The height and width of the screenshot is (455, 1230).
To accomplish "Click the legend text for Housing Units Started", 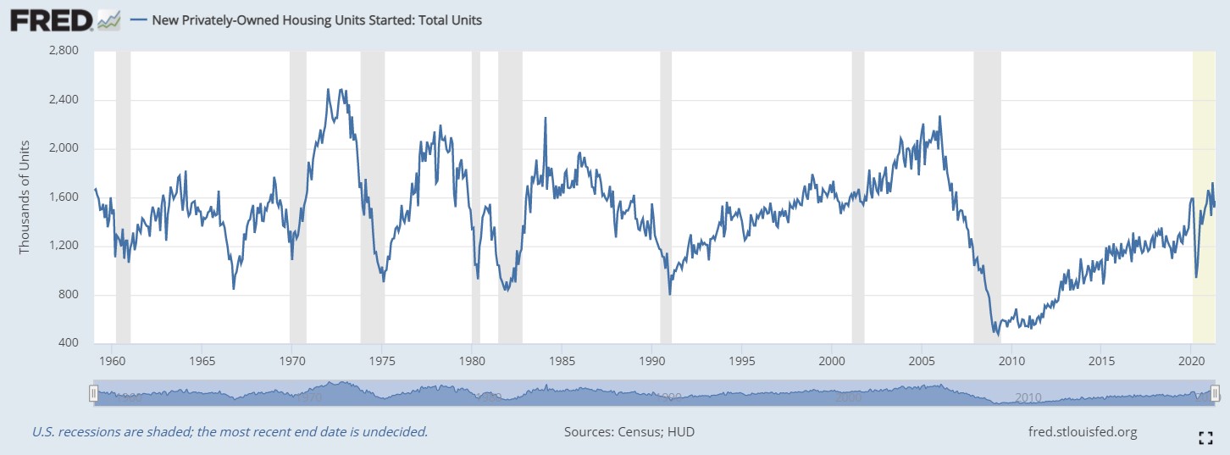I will tap(317, 19).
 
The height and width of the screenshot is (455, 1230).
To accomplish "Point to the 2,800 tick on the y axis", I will tap(64, 51).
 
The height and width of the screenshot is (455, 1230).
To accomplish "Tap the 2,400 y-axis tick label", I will tap(64, 100).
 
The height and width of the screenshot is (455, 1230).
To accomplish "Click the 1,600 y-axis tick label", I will tap(64, 197).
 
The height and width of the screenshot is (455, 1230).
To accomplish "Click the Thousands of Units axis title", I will tap(25, 197).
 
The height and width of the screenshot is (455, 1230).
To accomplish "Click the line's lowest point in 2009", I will tap(997, 335).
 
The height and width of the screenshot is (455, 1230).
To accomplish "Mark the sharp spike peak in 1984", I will tap(545, 118).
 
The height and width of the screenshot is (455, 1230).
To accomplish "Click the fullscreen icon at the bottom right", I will tap(1206, 437).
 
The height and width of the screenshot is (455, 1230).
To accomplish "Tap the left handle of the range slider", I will tap(94, 393).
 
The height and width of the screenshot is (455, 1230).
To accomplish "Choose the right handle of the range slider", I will tap(1216, 393).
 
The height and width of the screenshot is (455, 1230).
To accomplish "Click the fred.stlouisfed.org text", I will tap(1081, 432).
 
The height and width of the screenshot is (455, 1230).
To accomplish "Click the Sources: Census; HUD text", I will tap(629, 432).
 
